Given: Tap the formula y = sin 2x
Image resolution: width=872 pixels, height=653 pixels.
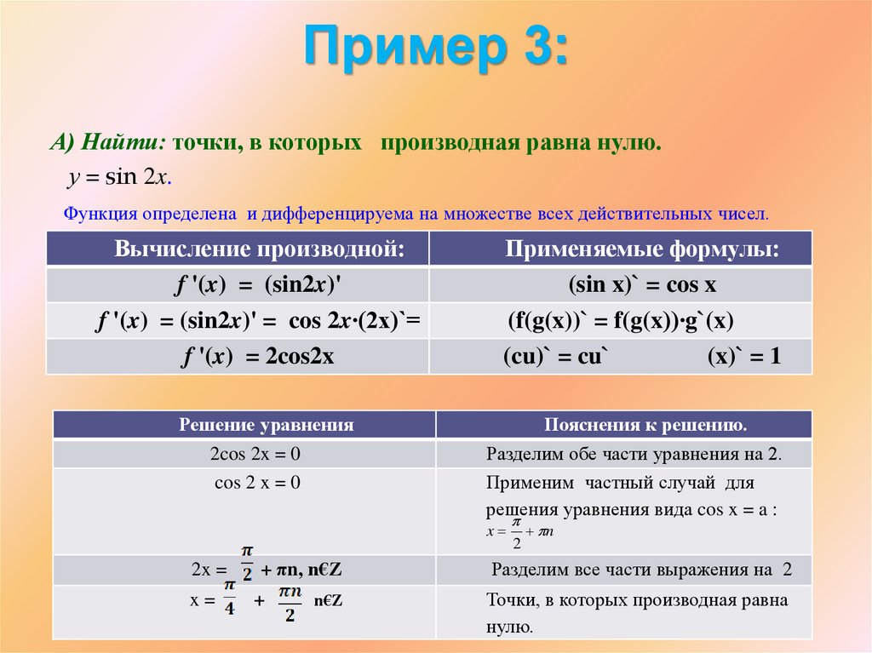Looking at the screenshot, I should coord(120,177).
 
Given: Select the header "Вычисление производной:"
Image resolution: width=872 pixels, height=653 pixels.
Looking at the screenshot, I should coord(259,249).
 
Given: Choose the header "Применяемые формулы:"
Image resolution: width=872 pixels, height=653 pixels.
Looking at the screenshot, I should coord(642,249).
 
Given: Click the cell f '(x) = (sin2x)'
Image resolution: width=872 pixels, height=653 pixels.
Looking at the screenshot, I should coord(255,285).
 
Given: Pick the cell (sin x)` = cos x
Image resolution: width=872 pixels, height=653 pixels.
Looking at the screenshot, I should coord(642,285).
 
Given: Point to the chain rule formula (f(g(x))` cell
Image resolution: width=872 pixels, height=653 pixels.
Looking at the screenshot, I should coord(621,321).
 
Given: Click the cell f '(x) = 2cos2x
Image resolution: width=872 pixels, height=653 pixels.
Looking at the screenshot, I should coord(255,358).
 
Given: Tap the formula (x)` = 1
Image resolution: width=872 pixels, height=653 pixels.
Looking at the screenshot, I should coord(743,358).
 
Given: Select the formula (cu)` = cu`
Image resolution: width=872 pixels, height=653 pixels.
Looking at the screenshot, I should coord(553,358).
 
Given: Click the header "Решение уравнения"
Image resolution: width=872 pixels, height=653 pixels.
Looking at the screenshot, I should coord(266,425).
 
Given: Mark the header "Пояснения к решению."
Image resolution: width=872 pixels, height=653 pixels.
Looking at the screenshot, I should coord(645,425).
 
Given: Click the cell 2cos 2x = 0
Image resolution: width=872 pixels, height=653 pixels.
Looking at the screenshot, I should coord(255,454).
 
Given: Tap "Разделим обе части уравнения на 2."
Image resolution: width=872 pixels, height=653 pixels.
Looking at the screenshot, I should coord(634,454).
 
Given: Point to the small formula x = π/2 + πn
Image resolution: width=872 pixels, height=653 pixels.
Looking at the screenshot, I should coord(520,533).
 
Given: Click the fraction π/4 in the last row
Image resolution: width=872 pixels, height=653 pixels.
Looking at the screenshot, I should coord(230,599).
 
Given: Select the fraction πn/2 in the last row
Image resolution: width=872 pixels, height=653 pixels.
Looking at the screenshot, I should coord(290,601).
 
